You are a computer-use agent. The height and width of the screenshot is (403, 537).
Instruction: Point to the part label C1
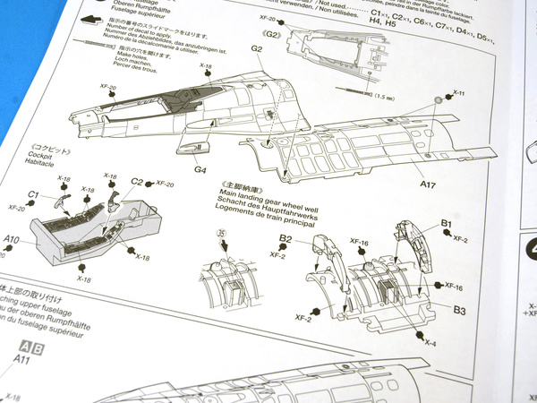[33, 194]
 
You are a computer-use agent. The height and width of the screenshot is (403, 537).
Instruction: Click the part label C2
[137, 183]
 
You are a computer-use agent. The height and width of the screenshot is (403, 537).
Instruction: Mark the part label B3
[458, 310]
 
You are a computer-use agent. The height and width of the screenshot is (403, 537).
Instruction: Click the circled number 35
[222, 236]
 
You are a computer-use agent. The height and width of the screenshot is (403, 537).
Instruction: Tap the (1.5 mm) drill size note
[386, 95]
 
